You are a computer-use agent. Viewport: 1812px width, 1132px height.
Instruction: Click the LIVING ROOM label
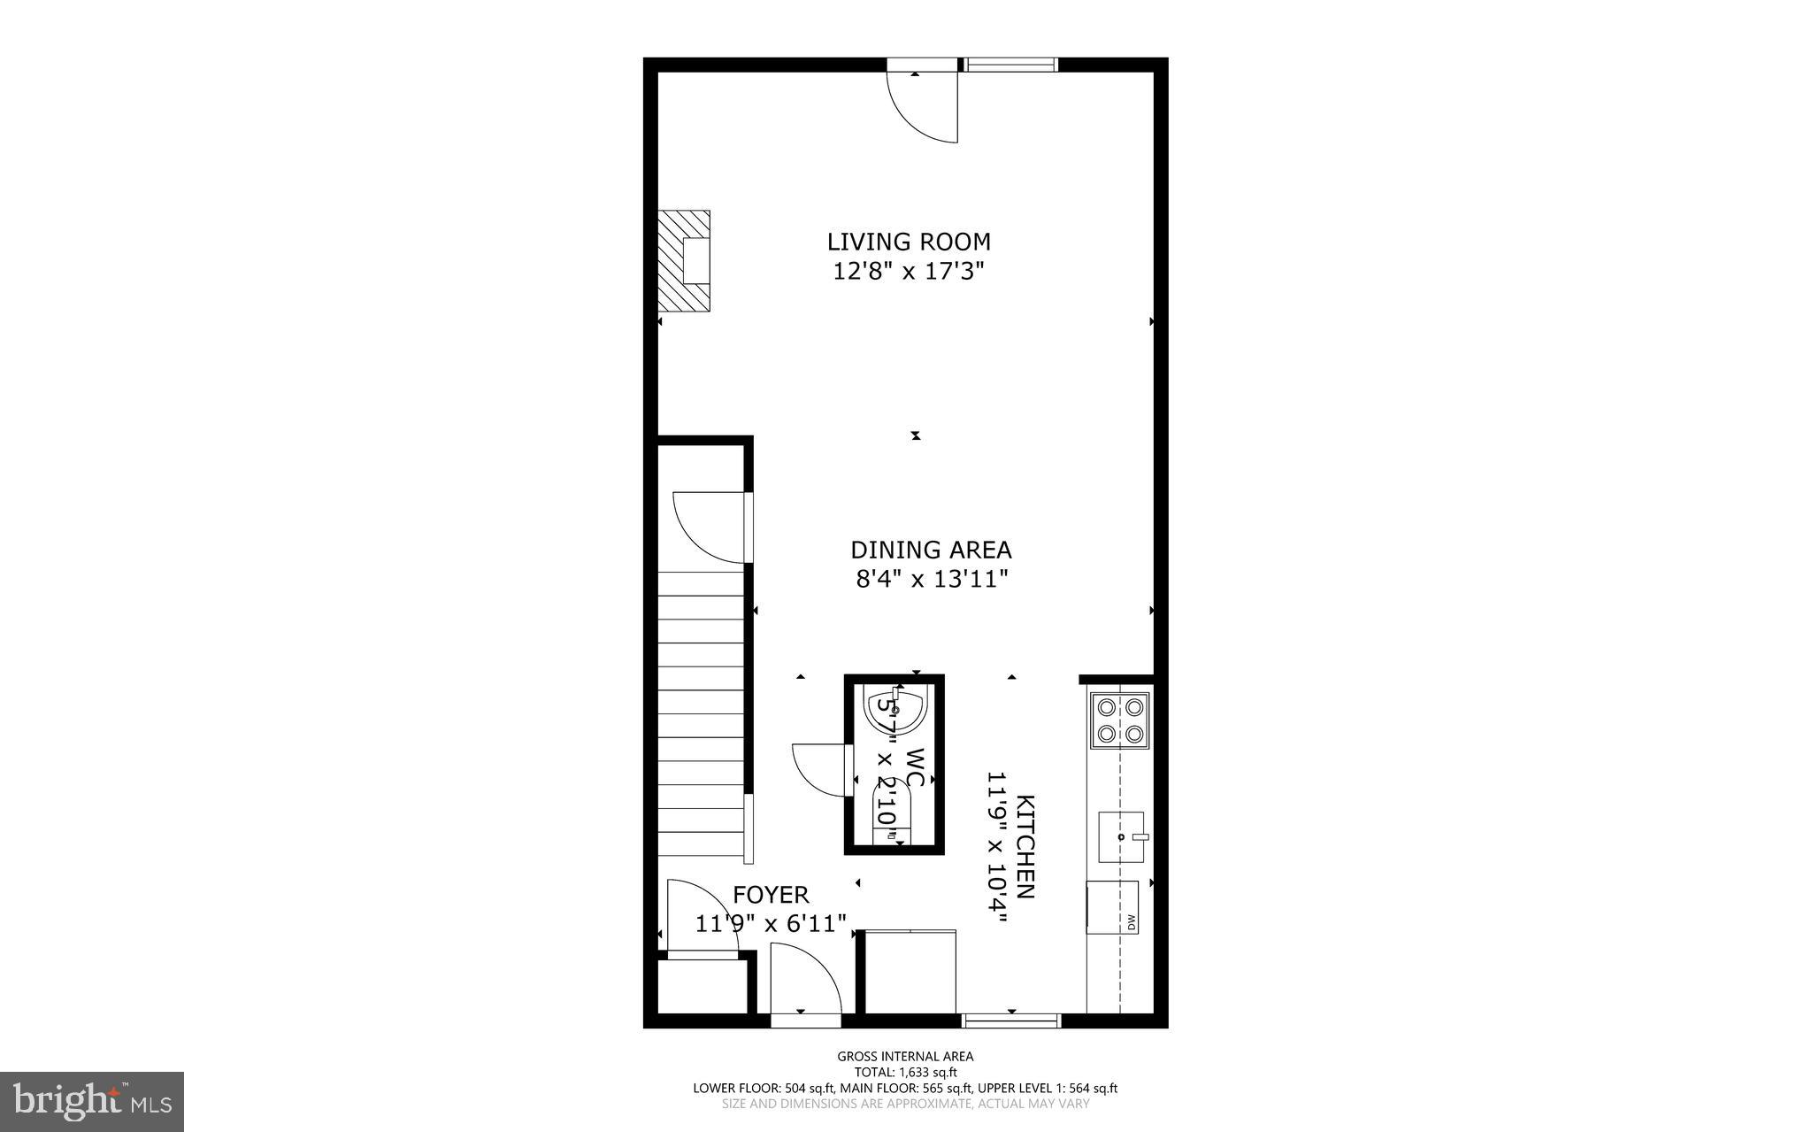click(909, 242)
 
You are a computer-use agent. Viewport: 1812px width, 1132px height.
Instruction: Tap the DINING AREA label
click(931, 550)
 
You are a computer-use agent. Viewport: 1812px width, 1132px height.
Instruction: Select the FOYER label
click(771, 895)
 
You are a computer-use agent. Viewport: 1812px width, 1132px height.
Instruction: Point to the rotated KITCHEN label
click(1025, 846)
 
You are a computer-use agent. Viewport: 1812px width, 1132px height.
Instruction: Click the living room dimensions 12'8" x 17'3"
click(909, 271)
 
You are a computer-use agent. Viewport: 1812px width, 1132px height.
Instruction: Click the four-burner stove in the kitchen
click(1120, 720)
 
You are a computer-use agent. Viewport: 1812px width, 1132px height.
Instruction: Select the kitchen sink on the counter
click(1121, 836)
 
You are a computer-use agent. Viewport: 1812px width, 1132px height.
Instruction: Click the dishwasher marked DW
click(1113, 907)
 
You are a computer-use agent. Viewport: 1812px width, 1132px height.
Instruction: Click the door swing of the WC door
click(818, 770)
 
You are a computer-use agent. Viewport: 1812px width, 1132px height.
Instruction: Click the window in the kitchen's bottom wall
click(1010, 1020)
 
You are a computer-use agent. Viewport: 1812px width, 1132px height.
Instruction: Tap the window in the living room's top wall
click(1010, 65)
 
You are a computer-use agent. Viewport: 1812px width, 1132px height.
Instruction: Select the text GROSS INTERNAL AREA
click(905, 1056)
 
